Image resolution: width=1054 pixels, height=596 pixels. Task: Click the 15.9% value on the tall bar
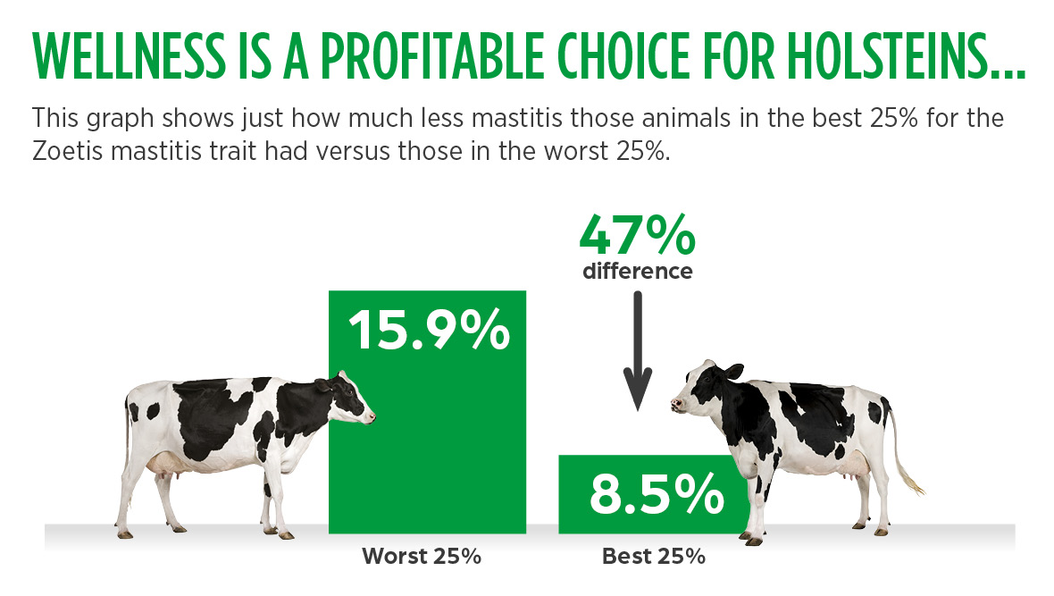tap(429, 330)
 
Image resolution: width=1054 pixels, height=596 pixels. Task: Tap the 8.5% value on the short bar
tap(657, 494)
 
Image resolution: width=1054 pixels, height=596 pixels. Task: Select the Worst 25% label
tap(422, 557)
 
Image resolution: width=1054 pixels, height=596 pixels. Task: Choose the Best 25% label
tap(653, 557)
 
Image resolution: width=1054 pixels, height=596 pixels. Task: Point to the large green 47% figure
tap(637, 235)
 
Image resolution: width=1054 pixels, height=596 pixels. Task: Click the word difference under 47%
tap(637, 271)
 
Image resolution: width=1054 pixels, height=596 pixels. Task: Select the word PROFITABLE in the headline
tap(431, 55)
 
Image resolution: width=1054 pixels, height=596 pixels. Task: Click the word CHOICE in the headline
tap(623, 55)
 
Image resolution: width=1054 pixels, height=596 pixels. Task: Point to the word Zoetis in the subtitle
tap(67, 151)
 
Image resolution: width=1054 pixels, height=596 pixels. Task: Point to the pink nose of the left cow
tap(371, 418)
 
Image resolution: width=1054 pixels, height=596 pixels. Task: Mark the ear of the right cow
tap(733, 372)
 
